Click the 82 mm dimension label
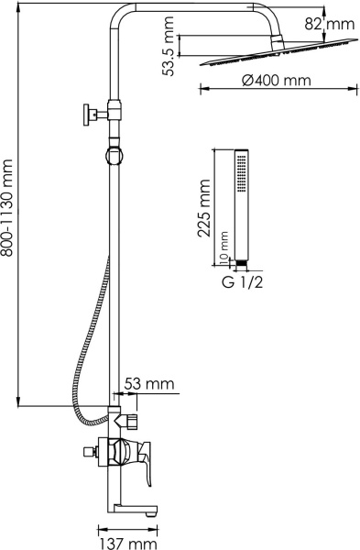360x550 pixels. tap(329, 24)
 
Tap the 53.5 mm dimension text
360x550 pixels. tap(168, 46)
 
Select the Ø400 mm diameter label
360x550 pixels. tap(277, 81)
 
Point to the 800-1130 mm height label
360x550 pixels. tap(7, 208)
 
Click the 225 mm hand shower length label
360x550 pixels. tap(204, 208)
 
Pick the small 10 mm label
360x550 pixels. tap(224, 247)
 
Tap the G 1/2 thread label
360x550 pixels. tap(242, 281)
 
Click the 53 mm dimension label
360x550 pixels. tap(149, 383)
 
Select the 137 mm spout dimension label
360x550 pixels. tap(128, 544)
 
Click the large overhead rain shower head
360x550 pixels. tap(278, 52)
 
